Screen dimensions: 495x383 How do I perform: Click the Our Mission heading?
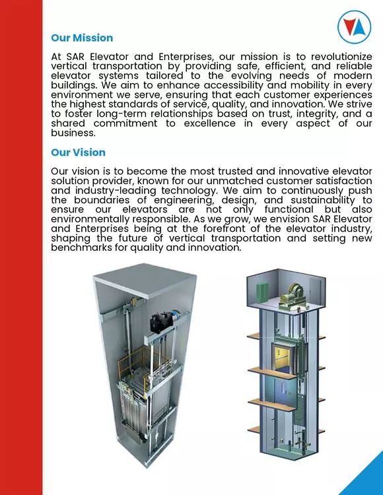[x=82, y=38]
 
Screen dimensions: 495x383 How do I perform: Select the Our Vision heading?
[x=78, y=152]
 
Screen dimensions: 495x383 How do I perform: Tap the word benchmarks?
[x=83, y=247]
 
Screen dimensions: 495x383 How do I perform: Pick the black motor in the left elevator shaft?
[x=159, y=323]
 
